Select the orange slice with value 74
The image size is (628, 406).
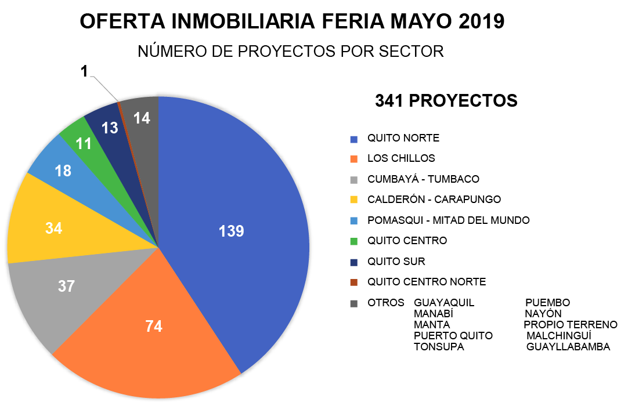pyautogui.click(x=153, y=326)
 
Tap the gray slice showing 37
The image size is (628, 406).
pyautogui.click(x=67, y=286)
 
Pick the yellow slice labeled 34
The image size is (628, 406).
pyautogui.click(x=53, y=228)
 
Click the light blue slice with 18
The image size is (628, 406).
pyautogui.click(x=63, y=171)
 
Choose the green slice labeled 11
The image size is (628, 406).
pyautogui.click(x=84, y=143)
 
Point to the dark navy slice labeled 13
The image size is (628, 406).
pyautogui.click(x=109, y=128)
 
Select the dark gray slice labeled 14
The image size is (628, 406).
pyautogui.click(x=142, y=118)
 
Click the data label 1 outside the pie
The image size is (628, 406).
pyautogui.click(x=84, y=71)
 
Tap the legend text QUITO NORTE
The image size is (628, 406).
pyautogui.click(x=403, y=138)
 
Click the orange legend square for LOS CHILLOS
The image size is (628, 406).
pyautogui.click(x=354, y=159)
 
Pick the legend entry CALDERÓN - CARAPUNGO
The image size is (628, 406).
pyautogui.click(x=434, y=200)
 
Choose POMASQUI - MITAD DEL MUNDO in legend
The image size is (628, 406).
pyautogui.click(x=448, y=220)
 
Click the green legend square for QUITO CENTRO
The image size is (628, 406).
pyautogui.click(x=354, y=241)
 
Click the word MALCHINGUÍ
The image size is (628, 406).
pyautogui.click(x=558, y=336)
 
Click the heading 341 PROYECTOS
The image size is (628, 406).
pyautogui.click(x=446, y=101)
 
